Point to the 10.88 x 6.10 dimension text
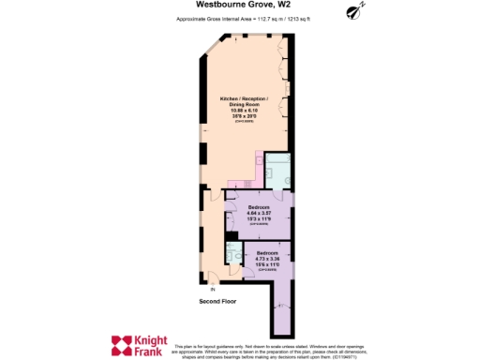tap(244, 111)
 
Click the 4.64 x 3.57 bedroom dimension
tap(259, 213)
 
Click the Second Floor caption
tap(217, 302)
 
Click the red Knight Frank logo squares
tap(123, 345)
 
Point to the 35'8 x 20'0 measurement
tap(244, 116)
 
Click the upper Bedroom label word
tap(259, 206)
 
